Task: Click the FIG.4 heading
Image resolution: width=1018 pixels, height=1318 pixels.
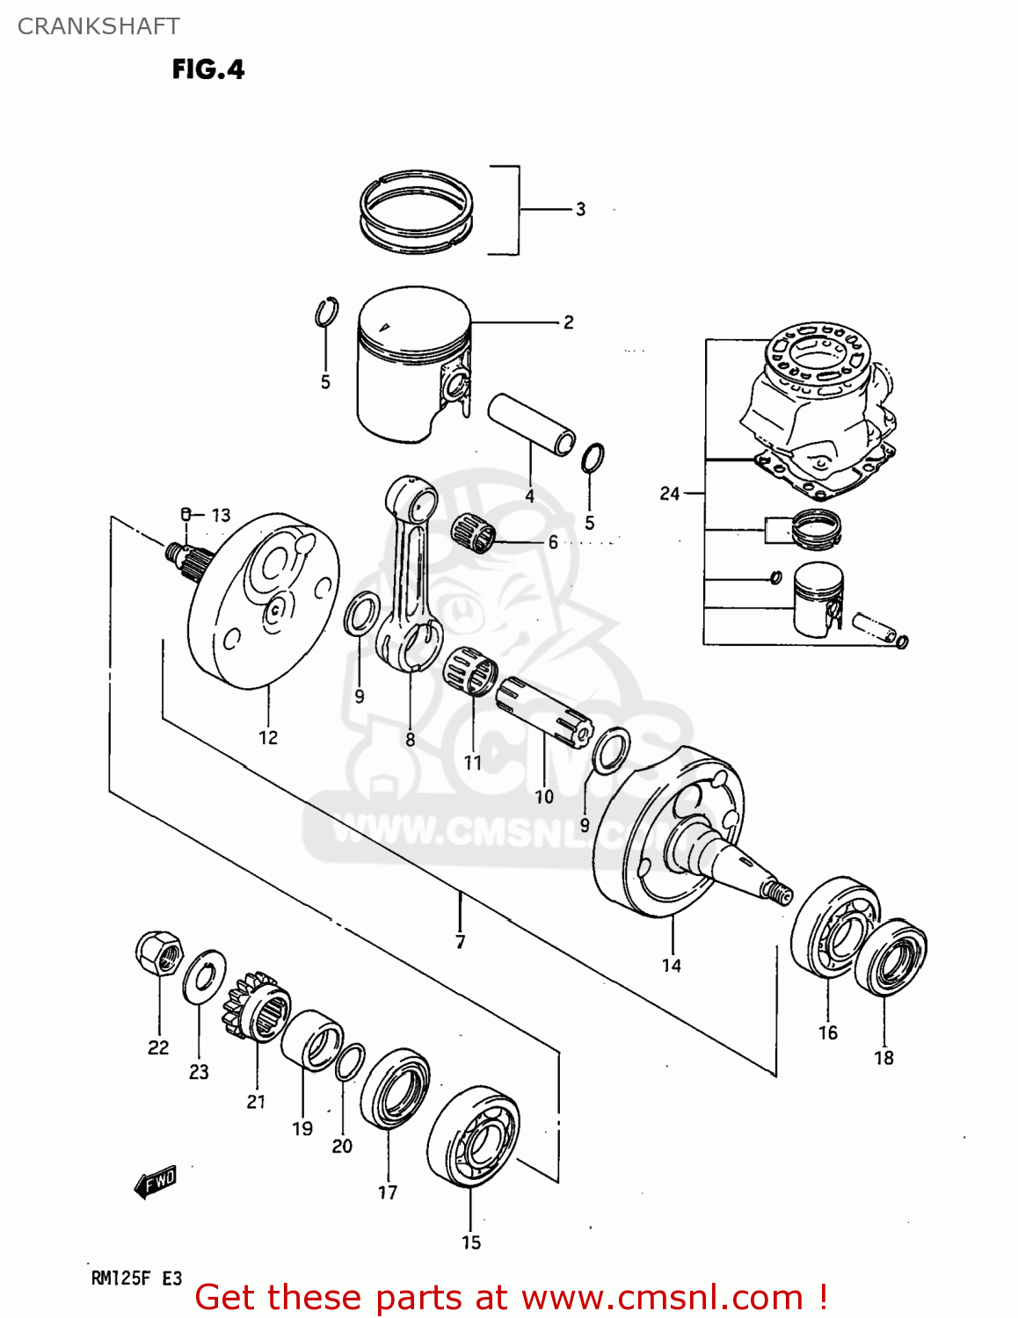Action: (208, 69)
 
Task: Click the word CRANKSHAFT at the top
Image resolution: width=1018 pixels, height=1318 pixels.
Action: (98, 26)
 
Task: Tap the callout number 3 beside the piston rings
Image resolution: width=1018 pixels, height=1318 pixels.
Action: (580, 209)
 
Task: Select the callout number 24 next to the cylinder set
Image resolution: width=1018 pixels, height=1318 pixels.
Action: (670, 494)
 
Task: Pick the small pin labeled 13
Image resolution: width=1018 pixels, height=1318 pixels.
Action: (185, 514)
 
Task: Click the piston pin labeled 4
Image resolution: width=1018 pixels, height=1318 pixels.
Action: (532, 424)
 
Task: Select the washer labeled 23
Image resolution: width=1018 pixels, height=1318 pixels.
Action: (204, 976)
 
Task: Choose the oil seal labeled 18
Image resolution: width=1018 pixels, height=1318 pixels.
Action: (891, 957)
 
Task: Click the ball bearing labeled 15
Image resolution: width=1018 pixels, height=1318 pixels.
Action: (473, 1137)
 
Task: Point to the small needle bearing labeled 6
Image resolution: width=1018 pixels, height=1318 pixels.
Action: (474, 532)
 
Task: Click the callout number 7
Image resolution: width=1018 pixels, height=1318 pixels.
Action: (460, 942)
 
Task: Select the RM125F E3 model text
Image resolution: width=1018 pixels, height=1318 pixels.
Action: (136, 1278)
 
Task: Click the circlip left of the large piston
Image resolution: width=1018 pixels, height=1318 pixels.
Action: (327, 313)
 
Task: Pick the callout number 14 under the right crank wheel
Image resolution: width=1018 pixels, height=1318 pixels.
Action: (672, 966)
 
